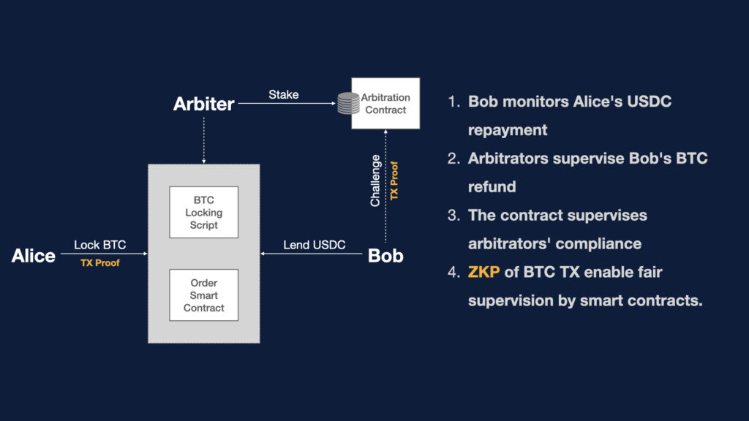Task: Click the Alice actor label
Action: click(x=34, y=256)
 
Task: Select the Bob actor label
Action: click(x=385, y=256)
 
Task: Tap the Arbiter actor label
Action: click(x=203, y=104)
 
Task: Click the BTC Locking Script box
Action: click(x=203, y=213)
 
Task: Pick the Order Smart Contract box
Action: click(x=203, y=295)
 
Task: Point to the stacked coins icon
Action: click(x=348, y=103)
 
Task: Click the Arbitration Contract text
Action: click(x=385, y=103)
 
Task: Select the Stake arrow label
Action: click(x=283, y=94)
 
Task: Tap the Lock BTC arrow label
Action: click(x=99, y=245)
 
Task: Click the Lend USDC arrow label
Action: click(x=314, y=245)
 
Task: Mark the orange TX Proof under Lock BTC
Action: click(x=100, y=263)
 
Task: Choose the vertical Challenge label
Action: click(x=375, y=180)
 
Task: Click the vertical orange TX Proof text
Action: click(x=394, y=180)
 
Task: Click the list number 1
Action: click(x=453, y=101)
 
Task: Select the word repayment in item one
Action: click(x=507, y=129)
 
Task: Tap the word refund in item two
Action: click(x=492, y=186)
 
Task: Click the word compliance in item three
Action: click(x=592, y=243)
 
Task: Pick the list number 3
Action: click(x=453, y=215)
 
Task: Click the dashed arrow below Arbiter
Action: click(x=203, y=139)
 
